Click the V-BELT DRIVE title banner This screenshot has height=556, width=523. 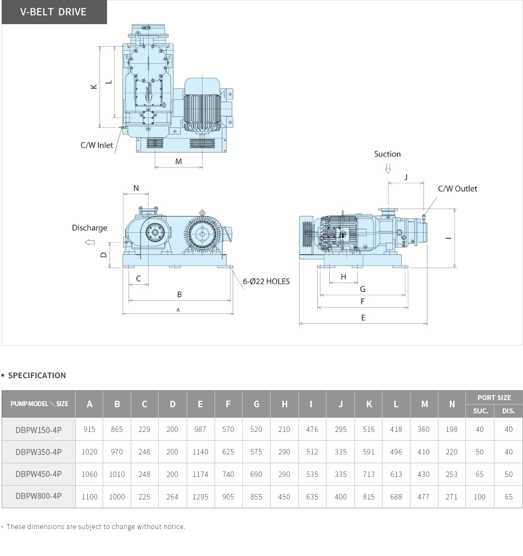click(x=54, y=12)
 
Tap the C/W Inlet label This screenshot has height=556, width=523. click(x=97, y=145)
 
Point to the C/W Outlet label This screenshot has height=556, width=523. click(x=457, y=189)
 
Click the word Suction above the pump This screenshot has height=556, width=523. click(x=387, y=154)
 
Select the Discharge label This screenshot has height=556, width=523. click(x=89, y=228)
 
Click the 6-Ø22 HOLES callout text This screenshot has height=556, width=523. click(x=266, y=282)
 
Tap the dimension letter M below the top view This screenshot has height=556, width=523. click(x=178, y=161)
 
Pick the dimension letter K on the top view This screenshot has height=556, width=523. click(x=94, y=87)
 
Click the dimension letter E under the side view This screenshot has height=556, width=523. click(x=363, y=318)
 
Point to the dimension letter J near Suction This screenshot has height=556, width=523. click(x=406, y=177)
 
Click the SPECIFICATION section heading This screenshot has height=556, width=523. click(x=37, y=375)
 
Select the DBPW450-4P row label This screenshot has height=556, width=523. click(x=38, y=474)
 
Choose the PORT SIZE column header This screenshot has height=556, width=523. click(x=494, y=397)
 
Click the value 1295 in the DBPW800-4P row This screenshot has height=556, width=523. click(x=200, y=497)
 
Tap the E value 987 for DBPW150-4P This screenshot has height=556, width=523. click(x=200, y=429)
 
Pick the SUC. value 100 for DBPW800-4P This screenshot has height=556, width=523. click(x=480, y=497)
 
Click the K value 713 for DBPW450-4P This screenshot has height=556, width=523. click(x=369, y=474)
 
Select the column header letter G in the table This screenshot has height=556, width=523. click(x=256, y=404)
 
